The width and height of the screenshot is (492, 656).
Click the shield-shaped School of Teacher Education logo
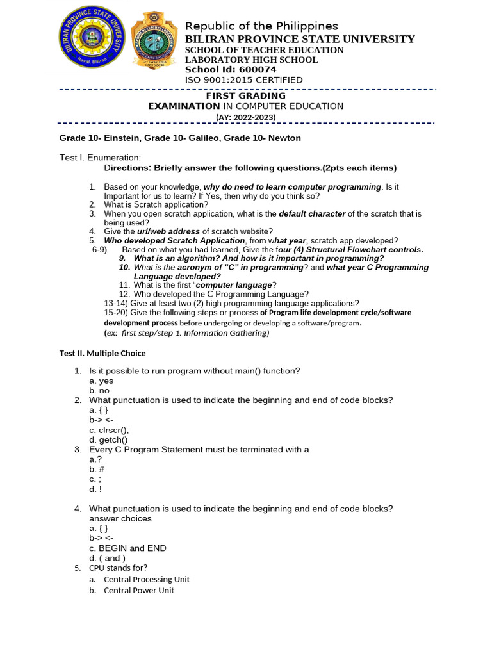coord(154,40)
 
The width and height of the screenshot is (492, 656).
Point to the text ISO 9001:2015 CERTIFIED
coord(243,80)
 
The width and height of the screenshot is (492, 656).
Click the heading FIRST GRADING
coord(245,95)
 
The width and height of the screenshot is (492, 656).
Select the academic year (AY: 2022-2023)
coord(245,117)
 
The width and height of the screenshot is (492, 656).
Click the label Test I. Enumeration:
coord(100,158)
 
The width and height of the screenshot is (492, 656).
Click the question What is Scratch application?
coord(156,204)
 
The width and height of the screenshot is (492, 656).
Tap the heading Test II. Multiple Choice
coord(102,353)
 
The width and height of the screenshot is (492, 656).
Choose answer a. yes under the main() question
coord(101,381)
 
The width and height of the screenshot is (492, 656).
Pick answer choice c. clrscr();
coord(109,430)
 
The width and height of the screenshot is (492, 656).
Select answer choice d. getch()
coord(108,439)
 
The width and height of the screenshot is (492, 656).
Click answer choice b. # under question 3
coord(97,469)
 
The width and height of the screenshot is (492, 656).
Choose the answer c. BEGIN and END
coord(127,548)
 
